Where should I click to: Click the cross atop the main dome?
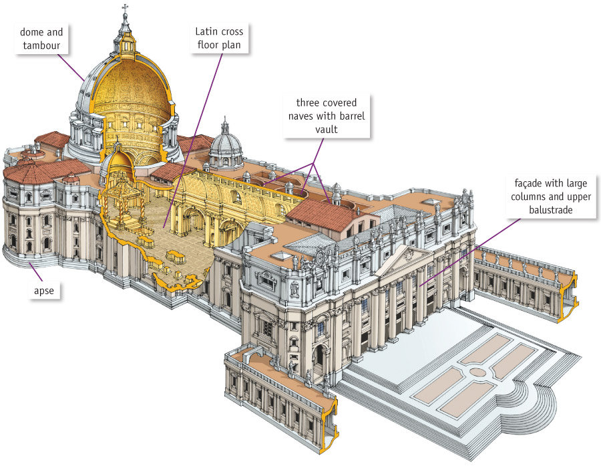tap(125, 9)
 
